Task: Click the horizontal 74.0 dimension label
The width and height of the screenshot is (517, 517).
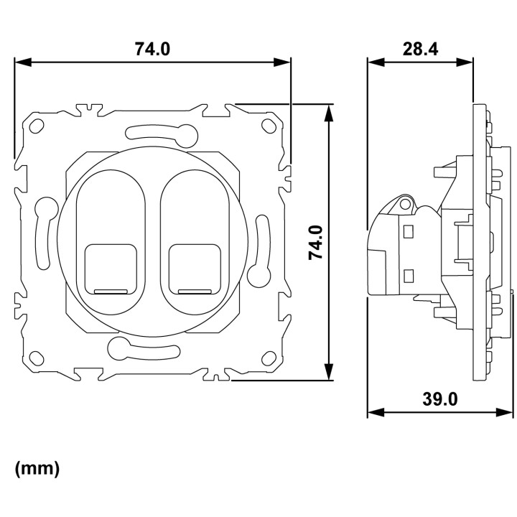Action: (x=152, y=49)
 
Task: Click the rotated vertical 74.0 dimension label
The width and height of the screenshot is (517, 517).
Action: (x=315, y=243)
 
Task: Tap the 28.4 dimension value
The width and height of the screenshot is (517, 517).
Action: (x=420, y=49)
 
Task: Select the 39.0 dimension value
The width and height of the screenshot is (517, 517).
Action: (x=440, y=399)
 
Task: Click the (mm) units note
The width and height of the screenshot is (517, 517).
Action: (x=37, y=468)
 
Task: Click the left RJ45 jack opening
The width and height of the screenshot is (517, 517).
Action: (x=111, y=269)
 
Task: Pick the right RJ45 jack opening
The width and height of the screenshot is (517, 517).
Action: (x=194, y=269)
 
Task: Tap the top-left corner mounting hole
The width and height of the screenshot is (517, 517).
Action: (x=37, y=126)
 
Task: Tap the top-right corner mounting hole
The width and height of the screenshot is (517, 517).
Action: (x=269, y=125)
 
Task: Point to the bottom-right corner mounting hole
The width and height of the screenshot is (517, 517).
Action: (x=269, y=358)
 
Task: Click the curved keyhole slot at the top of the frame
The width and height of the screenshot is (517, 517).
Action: (x=162, y=134)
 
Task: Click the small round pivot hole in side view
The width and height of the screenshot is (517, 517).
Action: (x=404, y=205)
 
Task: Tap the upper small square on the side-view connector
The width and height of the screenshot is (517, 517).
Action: (x=409, y=231)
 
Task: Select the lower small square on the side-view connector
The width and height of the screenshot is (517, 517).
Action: (x=409, y=276)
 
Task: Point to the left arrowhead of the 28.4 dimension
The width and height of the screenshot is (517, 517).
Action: (x=376, y=62)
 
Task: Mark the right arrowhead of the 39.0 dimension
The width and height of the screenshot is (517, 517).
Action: (x=505, y=412)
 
